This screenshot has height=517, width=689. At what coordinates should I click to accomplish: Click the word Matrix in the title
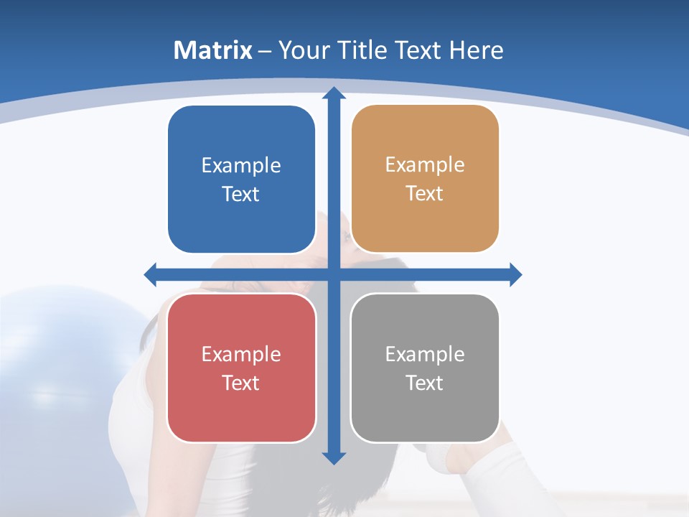coord(213,50)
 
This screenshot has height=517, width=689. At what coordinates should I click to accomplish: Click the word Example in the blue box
coord(241,166)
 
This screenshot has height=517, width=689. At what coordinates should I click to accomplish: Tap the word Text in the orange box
coord(424,194)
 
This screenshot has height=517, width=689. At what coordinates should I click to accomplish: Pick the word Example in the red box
coord(241,355)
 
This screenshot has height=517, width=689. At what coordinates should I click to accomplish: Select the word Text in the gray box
coord(424,383)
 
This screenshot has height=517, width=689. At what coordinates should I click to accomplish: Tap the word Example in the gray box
coord(425,355)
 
